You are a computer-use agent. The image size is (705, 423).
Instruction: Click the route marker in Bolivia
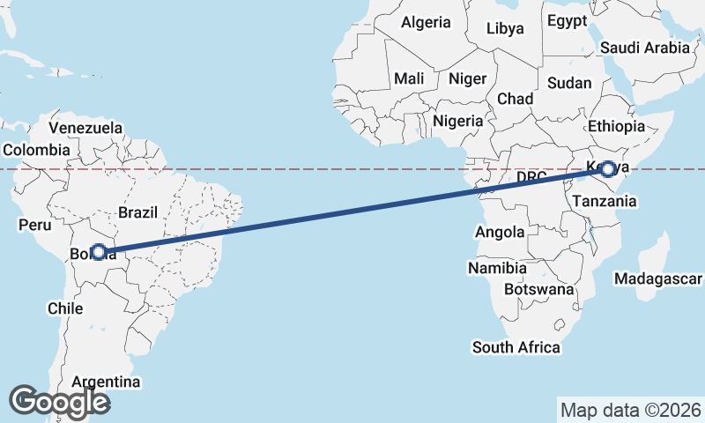pos(99,252)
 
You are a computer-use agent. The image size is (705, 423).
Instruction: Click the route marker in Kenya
pos(607,168)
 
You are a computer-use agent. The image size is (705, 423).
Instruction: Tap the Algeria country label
pos(427,23)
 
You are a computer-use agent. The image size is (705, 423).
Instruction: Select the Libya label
pos(505,28)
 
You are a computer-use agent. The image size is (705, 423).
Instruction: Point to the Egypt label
pos(566,20)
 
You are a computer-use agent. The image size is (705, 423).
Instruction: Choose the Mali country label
pos(409,78)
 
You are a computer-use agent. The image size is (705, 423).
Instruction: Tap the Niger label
pos(467,78)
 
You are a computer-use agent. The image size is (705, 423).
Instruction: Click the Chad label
pos(515,99)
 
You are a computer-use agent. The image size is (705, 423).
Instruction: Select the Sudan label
pos(569,83)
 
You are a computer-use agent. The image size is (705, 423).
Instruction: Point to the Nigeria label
pos(458,121)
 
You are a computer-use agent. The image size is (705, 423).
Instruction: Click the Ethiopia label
pos(617,126)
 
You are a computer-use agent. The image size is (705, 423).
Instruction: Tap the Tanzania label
pos(604,201)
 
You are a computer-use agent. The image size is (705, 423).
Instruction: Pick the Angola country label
pos(500,233)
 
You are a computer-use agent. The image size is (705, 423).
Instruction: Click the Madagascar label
pos(657,279)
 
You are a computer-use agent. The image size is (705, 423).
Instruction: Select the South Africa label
pos(516,347)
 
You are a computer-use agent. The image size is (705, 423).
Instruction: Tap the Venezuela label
pos(85,128)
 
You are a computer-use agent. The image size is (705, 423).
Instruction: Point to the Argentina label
pos(106,382)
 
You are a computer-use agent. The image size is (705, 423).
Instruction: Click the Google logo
pos(59,402)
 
